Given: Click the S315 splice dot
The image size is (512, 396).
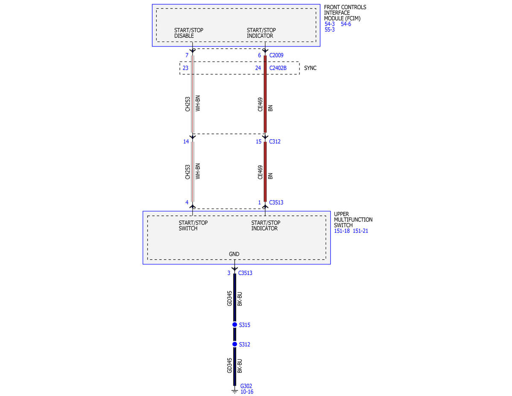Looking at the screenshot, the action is point(234,325).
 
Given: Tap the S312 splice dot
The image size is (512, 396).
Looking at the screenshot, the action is point(234,344).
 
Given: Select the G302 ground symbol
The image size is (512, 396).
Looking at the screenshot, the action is point(234,391).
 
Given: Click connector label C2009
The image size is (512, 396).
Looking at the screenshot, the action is point(276,55).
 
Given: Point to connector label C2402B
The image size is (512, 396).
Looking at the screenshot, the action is point(278,68).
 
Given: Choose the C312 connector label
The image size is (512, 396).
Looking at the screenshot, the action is point(275,141).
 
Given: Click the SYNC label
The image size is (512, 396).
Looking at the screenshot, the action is point(310,68).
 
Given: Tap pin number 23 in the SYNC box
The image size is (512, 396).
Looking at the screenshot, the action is point(186,68).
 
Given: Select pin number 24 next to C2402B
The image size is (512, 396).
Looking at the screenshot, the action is point(258,68).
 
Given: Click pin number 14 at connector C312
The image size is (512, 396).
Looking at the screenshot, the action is point(186,141).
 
